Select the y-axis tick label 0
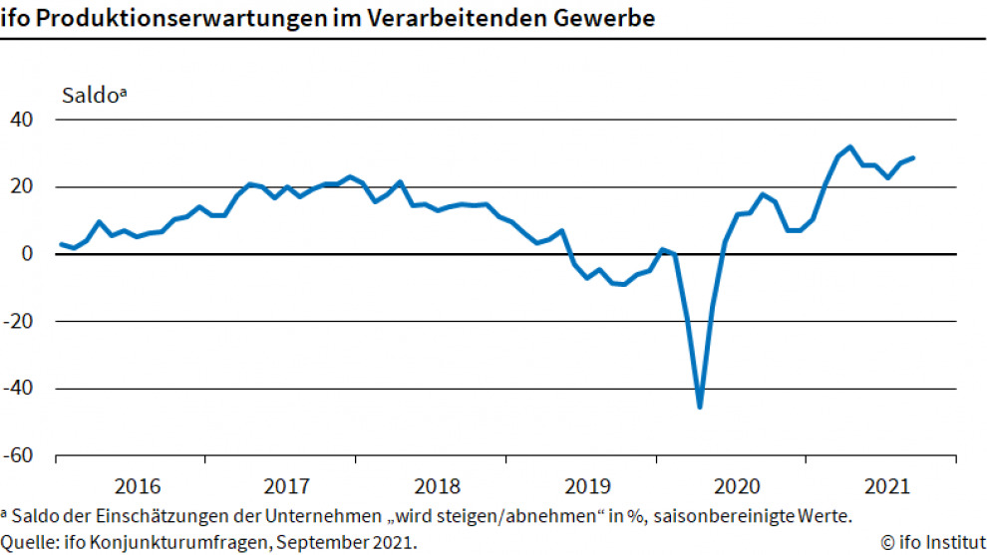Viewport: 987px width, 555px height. (x=29, y=254)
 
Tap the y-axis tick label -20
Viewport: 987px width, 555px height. (x=21, y=322)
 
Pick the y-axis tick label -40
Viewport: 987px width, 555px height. (x=21, y=389)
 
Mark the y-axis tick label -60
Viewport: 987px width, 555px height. (x=21, y=456)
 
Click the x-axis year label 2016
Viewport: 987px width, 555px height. (x=138, y=487)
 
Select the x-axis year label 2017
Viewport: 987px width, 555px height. (x=287, y=487)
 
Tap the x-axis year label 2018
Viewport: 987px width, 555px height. (x=438, y=487)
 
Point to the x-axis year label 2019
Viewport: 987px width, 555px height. (x=588, y=487)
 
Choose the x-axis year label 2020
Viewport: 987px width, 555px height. (x=739, y=487)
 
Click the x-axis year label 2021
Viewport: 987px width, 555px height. (x=888, y=487)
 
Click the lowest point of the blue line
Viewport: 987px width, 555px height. (x=700, y=407)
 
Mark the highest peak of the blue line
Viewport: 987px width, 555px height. (x=849, y=147)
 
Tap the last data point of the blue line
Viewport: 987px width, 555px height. (x=913, y=157)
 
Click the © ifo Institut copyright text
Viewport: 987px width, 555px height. (x=933, y=543)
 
